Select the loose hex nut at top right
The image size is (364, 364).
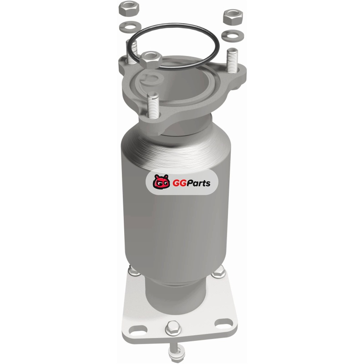point(233,17)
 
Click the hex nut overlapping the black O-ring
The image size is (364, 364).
point(151,60)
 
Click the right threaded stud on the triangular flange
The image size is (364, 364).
point(232,60)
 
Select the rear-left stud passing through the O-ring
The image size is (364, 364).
point(131,52)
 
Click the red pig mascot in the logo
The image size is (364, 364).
point(161,182)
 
